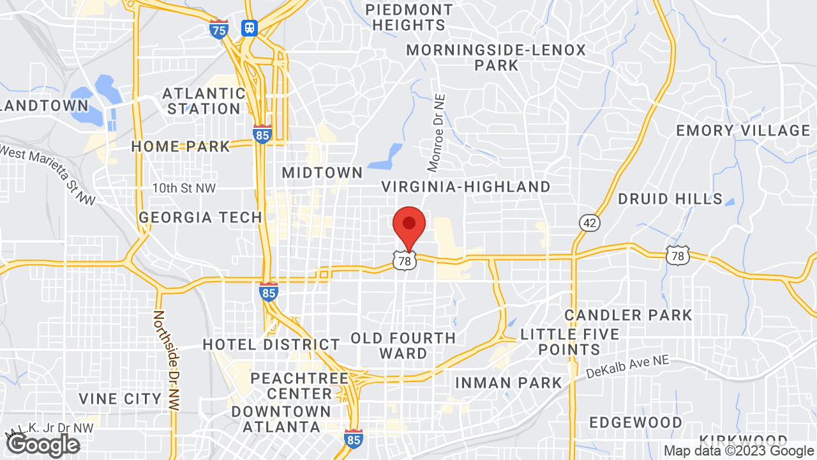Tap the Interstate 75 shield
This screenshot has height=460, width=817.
pos(218,29)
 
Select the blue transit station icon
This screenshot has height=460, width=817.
pos(249,27)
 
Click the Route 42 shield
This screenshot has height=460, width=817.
pos(589,222)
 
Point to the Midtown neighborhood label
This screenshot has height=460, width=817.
pos(322,172)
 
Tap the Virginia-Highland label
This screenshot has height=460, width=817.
pos(466,187)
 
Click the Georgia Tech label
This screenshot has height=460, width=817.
pos(200,217)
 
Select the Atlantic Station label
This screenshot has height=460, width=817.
pos(204,101)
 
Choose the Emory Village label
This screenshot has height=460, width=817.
pos(743,130)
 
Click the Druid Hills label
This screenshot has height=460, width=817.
pos(670,199)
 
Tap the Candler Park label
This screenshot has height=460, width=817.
pos(628,315)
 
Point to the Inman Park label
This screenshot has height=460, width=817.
pos(508,383)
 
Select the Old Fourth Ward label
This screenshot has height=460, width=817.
pos(403,345)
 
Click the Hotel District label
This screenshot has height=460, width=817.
pos(271,344)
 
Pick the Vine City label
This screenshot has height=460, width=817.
pos(120,399)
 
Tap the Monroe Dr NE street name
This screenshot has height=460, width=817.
pos(437,133)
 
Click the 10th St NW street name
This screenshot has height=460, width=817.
pos(184,188)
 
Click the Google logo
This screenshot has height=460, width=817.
pos(43,445)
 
